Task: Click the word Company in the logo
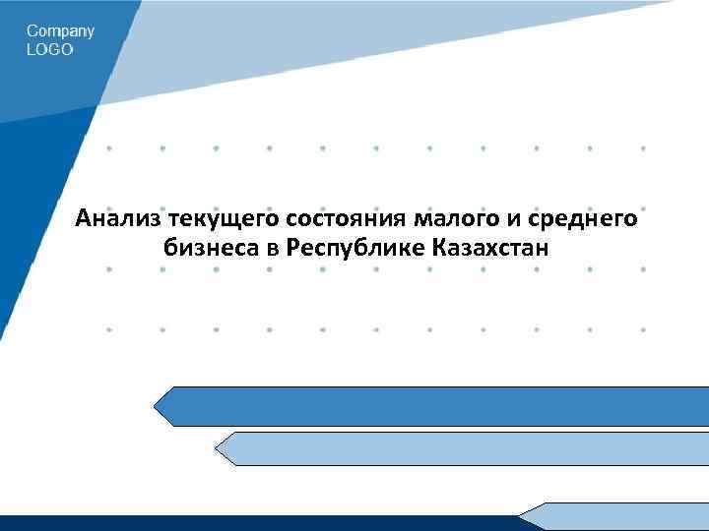point(60,31)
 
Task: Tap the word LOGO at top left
point(49,49)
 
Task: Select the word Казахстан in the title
point(489,247)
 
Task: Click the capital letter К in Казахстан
point(437,247)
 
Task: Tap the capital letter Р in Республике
point(292,247)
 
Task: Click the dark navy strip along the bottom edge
point(256,523)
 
